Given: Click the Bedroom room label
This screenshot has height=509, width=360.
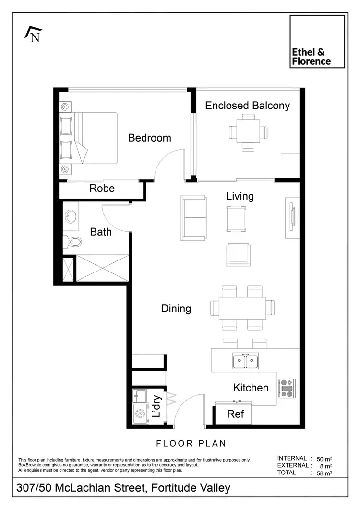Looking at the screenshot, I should [x=149, y=138].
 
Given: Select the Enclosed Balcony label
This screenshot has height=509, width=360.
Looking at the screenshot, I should [x=247, y=106].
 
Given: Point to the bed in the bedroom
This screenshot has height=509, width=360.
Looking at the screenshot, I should [x=89, y=138].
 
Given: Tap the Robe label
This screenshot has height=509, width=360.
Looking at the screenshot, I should [x=102, y=189].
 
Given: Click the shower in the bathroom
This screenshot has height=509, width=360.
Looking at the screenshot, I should [x=103, y=268].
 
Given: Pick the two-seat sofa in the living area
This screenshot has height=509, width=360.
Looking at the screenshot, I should [x=193, y=218].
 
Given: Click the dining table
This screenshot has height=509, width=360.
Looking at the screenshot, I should [x=243, y=308].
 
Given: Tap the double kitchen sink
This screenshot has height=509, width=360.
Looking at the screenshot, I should [x=245, y=361].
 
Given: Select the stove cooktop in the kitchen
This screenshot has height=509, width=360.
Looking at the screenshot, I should [x=287, y=389].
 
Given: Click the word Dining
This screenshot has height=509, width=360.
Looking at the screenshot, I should [x=176, y=308].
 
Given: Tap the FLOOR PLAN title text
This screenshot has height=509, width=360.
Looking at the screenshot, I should [x=191, y=443].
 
